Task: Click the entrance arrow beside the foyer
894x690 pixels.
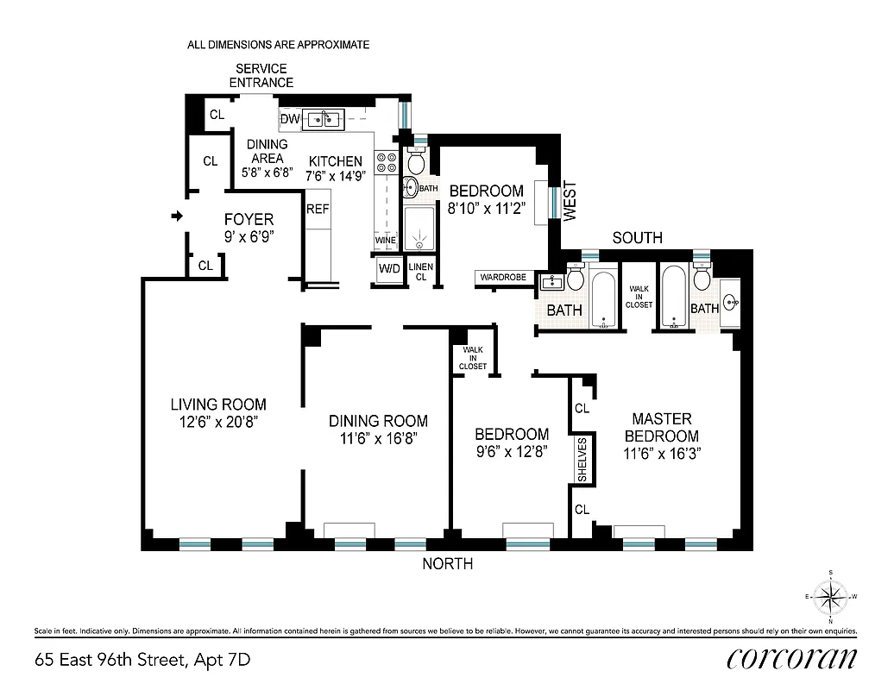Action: coord(178,216)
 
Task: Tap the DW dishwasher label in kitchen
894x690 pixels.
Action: coord(290,118)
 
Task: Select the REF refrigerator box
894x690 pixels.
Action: coord(318,209)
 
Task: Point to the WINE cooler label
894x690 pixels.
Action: coord(384,241)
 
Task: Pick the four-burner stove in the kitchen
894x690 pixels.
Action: coord(384,163)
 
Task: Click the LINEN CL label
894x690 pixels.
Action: coord(420,272)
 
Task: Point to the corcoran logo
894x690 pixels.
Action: coord(792,659)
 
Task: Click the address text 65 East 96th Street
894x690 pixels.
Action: coord(143,661)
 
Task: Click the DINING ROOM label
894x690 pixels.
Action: coord(378,421)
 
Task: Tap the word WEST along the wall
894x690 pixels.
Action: coord(569,201)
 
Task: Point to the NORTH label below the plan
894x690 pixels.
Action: coord(447,564)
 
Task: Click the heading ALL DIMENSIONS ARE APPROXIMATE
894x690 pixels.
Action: coord(278,44)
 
